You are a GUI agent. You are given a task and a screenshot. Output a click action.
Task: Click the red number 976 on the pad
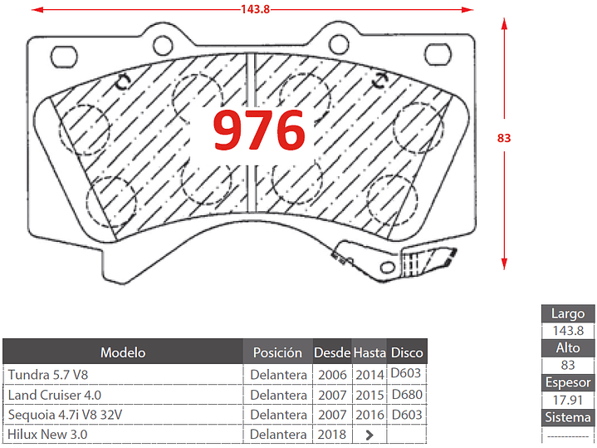(x=259, y=130)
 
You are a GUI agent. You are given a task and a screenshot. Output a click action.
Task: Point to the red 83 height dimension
(x=504, y=138)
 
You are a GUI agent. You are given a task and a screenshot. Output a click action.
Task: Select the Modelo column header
(x=123, y=352)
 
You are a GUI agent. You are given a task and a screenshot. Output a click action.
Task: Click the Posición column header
(x=277, y=352)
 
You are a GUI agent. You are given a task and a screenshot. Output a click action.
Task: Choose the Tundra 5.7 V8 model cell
(x=47, y=375)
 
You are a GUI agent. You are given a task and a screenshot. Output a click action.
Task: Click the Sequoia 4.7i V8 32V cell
(x=71, y=414)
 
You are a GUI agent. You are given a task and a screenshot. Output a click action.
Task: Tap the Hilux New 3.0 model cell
(x=47, y=434)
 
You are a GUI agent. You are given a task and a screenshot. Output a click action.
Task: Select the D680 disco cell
(x=406, y=394)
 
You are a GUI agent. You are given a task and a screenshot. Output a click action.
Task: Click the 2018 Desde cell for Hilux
(x=332, y=434)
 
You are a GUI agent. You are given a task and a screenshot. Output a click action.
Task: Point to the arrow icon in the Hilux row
(x=369, y=434)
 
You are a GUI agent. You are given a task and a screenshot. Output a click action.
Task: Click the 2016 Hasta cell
(x=369, y=414)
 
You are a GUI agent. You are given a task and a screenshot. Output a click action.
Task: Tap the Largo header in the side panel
(x=568, y=313)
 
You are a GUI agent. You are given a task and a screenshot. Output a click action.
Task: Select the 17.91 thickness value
(x=568, y=400)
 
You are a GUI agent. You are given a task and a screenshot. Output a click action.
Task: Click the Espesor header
(x=568, y=382)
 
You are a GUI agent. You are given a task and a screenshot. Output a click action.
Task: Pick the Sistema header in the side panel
(x=568, y=417)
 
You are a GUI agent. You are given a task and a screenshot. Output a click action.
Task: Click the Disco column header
(x=407, y=352)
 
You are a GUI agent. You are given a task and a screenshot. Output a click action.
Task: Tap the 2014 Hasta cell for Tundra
(x=369, y=375)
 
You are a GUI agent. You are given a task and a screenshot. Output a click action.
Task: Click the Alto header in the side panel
(x=568, y=347)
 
